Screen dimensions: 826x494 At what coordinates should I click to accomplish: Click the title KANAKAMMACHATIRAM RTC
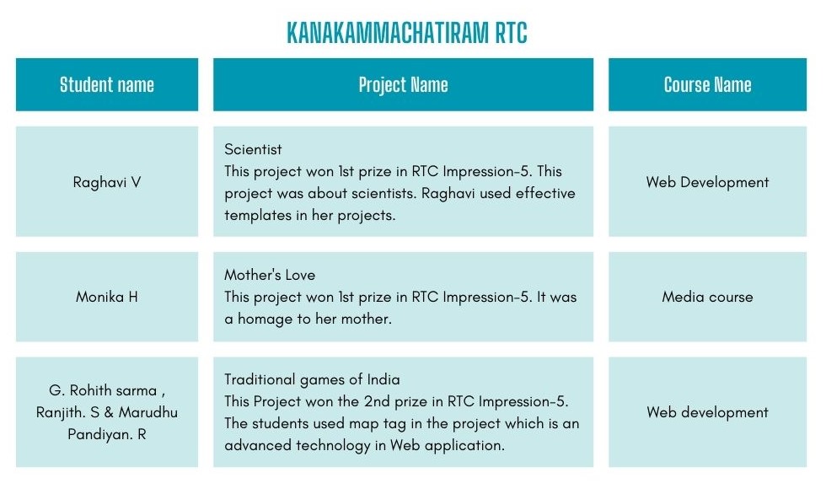tap(406, 33)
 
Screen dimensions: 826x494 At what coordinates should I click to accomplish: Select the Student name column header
tap(107, 85)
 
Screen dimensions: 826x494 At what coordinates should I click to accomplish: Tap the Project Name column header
tap(403, 85)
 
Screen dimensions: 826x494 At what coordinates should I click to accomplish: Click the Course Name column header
tap(707, 85)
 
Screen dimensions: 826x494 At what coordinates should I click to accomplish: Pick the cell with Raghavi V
tap(107, 182)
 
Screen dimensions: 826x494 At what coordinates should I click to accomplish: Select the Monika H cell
tap(107, 297)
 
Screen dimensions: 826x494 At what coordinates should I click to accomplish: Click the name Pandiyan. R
tap(107, 434)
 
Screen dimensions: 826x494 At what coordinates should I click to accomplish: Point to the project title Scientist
tap(253, 149)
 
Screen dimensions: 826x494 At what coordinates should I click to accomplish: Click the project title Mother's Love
tap(270, 275)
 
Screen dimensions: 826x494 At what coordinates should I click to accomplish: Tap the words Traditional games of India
tap(312, 379)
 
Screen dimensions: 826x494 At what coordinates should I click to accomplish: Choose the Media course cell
tap(707, 297)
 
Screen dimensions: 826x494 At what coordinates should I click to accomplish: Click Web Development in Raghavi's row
tap(707, 182)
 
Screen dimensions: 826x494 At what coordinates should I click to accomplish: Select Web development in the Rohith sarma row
tap(707, 412)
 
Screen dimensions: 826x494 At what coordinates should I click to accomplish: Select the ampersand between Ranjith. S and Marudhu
tap(109, 412)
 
